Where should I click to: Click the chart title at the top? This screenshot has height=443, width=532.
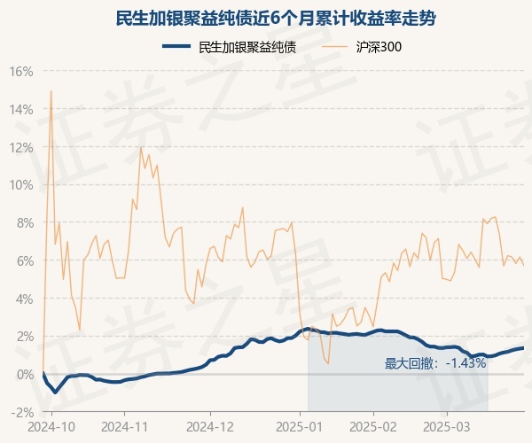click(266, 18)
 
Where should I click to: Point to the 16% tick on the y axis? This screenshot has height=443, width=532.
click(21, 71)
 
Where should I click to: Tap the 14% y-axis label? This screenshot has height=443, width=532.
click(21, 109)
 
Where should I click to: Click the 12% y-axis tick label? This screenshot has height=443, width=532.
click(21, 147)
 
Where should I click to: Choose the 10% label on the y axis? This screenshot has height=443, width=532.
click(21, 185)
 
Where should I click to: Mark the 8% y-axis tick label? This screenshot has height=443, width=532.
click(24, 222)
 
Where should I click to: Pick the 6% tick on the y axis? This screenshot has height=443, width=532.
click(24, 260)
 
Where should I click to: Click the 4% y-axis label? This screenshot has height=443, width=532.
click(24, 299)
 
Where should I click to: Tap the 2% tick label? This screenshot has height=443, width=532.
click(24, 337)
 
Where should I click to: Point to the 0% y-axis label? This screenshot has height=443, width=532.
click(24, 375)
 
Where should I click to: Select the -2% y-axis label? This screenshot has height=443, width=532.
click(22, 412)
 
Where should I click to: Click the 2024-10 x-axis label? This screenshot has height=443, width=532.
click(52, 426)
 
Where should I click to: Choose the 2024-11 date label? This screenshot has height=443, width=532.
click(126, 426)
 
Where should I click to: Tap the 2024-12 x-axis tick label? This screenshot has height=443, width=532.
click(211, 426)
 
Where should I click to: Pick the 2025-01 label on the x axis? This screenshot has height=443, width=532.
click(300, 426)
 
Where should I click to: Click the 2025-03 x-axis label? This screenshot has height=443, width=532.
click(448, 426)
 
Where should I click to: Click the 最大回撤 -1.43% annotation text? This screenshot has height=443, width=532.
click(435, 363)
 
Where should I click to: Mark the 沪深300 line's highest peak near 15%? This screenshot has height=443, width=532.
click(51, 90)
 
